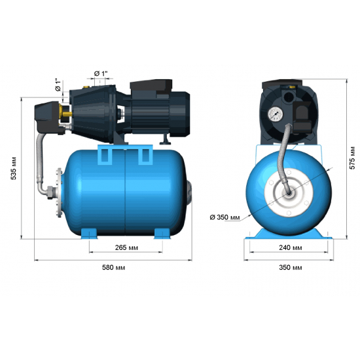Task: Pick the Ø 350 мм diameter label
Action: [x=223, y=217]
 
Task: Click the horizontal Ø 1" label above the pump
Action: [x=101, y=72]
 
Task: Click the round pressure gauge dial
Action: [x=274, y=113]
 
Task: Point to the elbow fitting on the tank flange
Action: [x=48, y=192]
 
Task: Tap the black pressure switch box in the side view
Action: [x=48, y=115]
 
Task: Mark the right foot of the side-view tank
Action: [x=161, y=232]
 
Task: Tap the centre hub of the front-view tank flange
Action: [x=287, y=194]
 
